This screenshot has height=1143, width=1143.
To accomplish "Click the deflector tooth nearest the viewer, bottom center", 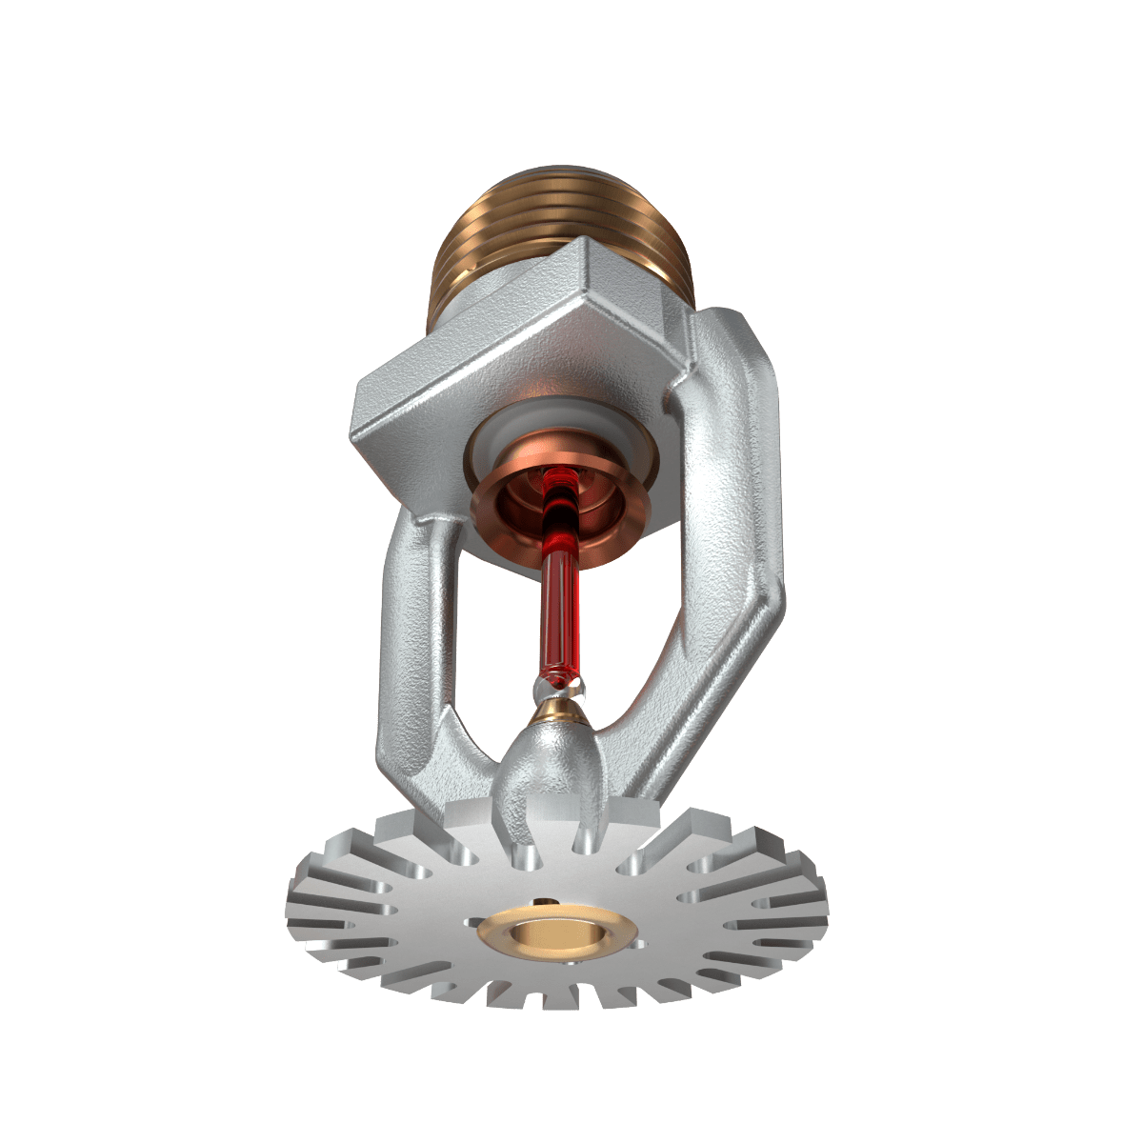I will (x=562, y=1000).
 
